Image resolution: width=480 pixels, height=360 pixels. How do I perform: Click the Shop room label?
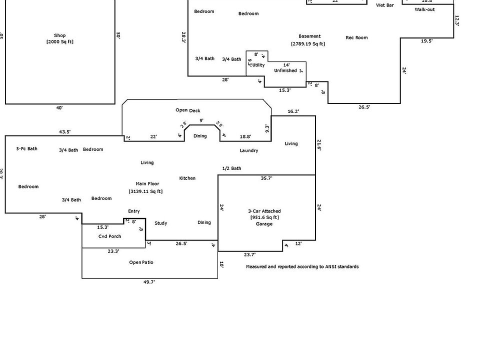tap(60, 35)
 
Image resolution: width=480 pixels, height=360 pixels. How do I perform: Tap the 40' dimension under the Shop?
tap(59, 107)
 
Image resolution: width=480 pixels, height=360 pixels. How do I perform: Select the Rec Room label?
tap(356, 37)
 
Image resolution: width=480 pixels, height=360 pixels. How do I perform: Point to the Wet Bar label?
tap(384, 5)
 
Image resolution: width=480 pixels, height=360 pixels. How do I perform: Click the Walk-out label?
tap(424, 9)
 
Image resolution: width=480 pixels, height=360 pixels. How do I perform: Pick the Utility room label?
tap(258, 65)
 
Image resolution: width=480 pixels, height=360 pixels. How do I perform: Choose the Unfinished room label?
tap(285, 70)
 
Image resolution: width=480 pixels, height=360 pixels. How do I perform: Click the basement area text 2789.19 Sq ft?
tap(308, 44)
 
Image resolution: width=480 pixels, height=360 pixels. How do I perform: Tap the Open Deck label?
tap(188, 110)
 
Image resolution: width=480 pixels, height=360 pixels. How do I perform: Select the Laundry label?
tap(249, 150)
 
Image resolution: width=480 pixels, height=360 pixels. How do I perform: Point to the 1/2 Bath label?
tap(231, 168)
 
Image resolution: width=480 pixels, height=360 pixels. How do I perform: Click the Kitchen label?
tap(187, 178)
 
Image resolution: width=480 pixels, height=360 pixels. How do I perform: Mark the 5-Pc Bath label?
tap(26, 148)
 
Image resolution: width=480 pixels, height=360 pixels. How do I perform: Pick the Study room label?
tap(161, 223)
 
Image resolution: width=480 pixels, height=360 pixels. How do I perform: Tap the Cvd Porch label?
tap(109, 236)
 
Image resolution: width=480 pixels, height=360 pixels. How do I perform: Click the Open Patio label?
tap(141, 262)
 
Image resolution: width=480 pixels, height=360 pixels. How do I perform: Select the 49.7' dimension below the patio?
tap(149, 282)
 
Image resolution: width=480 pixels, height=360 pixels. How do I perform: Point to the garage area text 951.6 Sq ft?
tap(264, 217)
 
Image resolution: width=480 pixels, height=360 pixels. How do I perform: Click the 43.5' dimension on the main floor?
tap(64, 132)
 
